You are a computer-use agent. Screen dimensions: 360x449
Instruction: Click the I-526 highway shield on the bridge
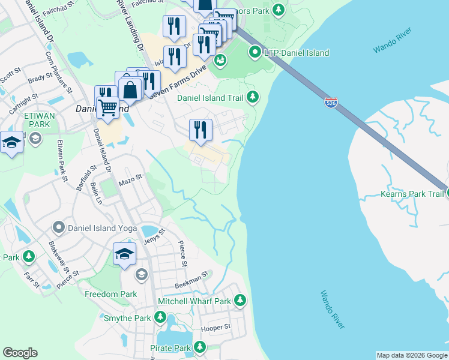330,103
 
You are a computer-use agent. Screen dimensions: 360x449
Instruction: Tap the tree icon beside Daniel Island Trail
253,97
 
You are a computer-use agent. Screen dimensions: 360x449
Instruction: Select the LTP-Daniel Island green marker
255,53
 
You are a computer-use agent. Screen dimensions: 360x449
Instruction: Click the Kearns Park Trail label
412,194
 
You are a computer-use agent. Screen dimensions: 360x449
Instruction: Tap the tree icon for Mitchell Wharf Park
240,299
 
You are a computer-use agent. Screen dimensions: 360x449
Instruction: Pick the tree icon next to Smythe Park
160,316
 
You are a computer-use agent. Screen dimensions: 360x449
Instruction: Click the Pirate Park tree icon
199,347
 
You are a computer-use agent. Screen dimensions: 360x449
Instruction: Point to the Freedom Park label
110,295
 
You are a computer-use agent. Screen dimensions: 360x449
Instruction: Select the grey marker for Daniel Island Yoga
59,227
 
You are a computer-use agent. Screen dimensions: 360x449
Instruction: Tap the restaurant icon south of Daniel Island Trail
200,130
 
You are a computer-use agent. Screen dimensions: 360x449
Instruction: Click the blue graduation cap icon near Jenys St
124,253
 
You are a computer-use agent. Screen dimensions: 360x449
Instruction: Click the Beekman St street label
191,278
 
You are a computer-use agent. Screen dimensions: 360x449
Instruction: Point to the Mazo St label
130,178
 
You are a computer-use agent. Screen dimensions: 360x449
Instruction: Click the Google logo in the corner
20,352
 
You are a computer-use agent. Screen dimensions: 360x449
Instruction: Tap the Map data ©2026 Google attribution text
411,355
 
